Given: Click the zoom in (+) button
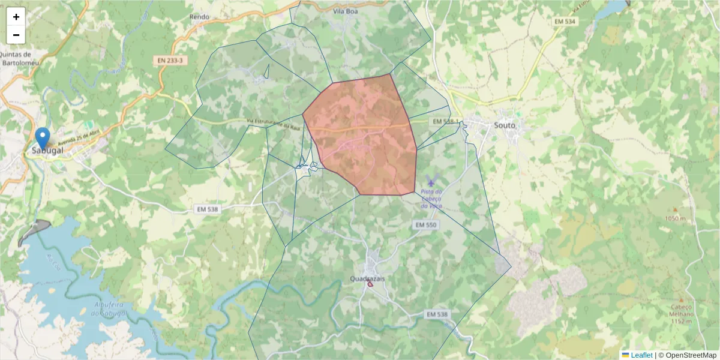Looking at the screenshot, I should click(16, 17).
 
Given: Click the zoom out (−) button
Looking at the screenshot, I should click(16, 35).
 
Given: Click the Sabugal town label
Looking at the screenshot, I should click(48, 149).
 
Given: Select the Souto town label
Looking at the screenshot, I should click(505, 125).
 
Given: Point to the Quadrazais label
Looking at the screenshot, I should click(367, 278).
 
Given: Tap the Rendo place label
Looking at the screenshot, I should click(199, 17).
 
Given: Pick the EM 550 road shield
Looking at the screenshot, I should click(426, 225).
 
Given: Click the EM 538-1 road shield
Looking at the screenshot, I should click(445, 122).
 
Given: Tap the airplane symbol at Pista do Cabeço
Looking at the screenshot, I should click(431, 182).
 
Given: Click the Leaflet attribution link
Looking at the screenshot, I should click(641, 355).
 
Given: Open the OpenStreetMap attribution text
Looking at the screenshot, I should click(691, 355).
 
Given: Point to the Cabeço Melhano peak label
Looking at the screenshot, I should click(681, 310).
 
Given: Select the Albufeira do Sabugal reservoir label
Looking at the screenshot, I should click(109, 309).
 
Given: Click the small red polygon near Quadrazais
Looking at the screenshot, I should click(370, 284).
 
